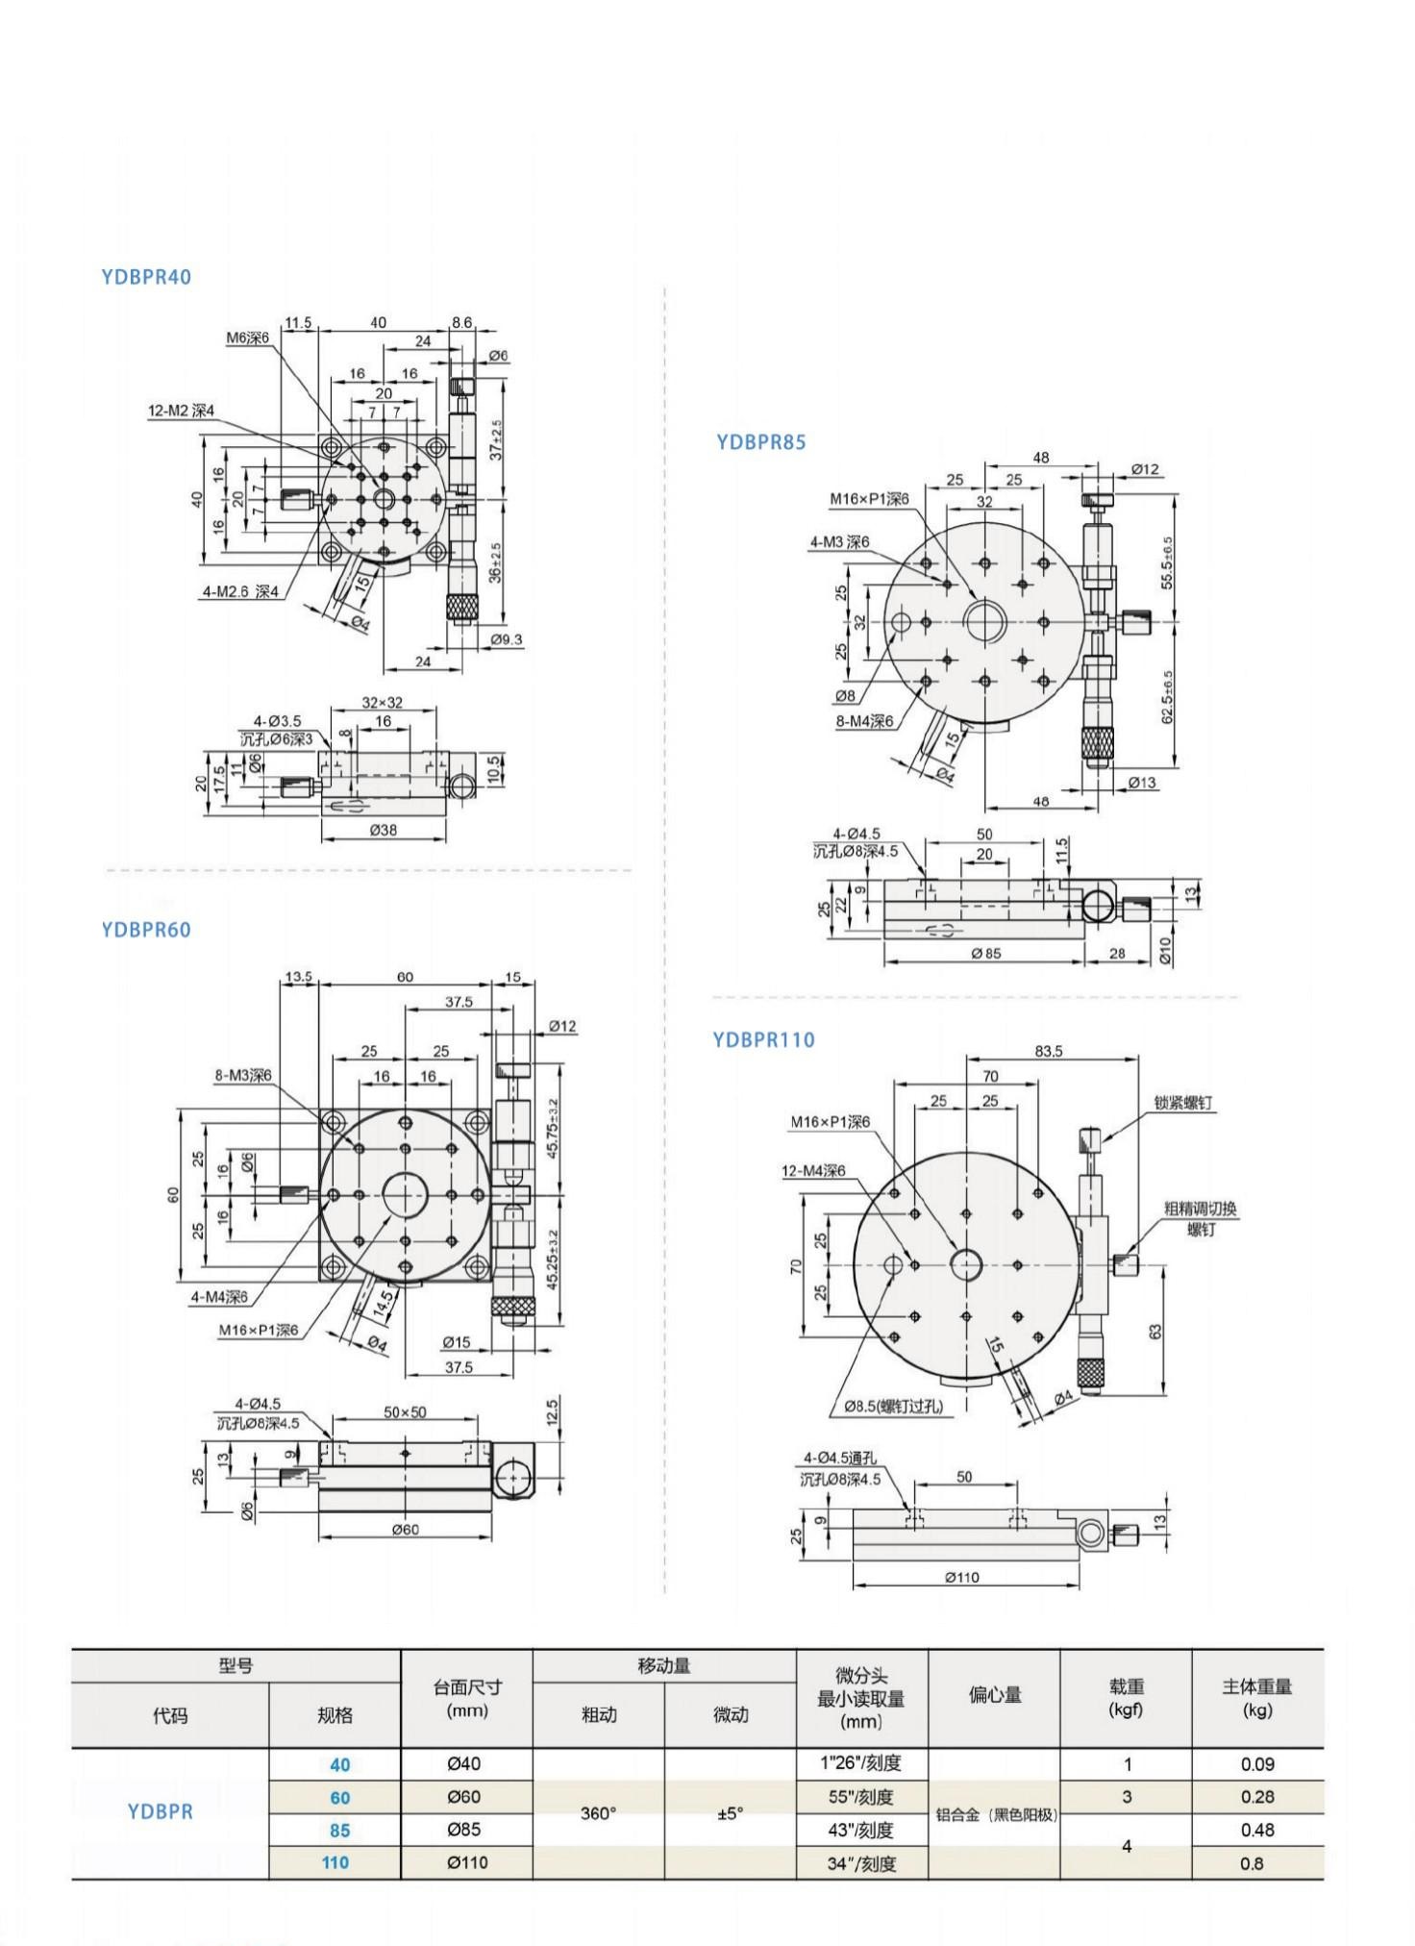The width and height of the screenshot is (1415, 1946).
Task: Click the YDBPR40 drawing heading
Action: [x=146, y=277]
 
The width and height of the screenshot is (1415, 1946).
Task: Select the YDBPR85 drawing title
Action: [x=761, y=442]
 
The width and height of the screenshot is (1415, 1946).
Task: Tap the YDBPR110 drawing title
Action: [x=763, y=1039]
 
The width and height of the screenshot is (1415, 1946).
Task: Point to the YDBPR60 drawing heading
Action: [x=146, y=930]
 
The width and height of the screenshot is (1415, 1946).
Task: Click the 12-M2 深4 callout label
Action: [x=181, y=411]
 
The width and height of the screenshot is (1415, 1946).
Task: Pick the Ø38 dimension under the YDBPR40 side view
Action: [x=383, y=829]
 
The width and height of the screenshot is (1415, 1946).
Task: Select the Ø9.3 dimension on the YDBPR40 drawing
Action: [x=506, y=639]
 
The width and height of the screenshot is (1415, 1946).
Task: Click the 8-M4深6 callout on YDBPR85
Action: [x=864, y=721]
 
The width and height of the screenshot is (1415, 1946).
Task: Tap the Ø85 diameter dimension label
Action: [x=985, y=953]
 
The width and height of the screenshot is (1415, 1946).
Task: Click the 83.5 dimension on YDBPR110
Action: [x=1049, y=1052]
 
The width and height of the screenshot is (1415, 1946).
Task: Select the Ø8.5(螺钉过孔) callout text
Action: [x=893, y=1406]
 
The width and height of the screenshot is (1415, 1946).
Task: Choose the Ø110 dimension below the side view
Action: [x=962, y=1577]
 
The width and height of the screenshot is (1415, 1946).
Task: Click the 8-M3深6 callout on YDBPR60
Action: [x=242, y=1075]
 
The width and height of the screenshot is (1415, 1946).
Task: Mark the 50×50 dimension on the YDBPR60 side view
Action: [x=405, y=1412]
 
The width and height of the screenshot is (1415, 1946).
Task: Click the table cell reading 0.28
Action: [x=1257, y=1797]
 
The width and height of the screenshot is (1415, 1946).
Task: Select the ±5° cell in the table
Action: [x=730, y=1813]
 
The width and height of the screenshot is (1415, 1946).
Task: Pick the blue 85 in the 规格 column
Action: [x=338, y=1831]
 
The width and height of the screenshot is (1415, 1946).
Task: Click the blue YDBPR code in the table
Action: [x=161, y=1811]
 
